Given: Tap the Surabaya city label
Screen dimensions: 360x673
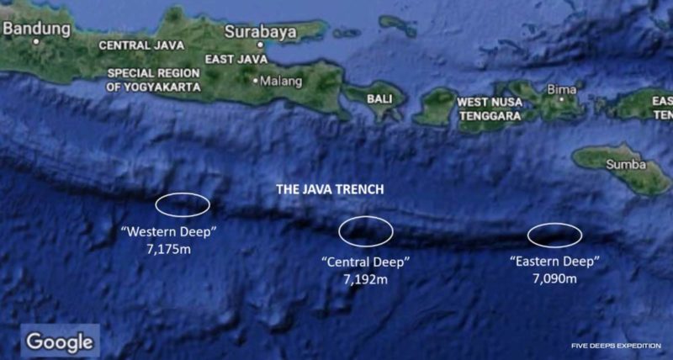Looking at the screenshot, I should pos(260,33).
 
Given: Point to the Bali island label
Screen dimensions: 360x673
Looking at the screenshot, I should pos(379,98).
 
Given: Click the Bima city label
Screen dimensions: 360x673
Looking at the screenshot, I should pos(561,88).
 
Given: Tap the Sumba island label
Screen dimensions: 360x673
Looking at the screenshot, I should pos(625,165).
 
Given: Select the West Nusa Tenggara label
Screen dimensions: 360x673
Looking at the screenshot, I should pos(490,108).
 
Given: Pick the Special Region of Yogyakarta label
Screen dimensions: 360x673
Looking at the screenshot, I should pos(154,80).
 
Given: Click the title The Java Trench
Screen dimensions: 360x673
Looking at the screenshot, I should pos(330,190).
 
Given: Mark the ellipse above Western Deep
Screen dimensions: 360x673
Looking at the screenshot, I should pos(183,204).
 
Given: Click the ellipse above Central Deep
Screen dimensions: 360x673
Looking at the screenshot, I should pos(366,231).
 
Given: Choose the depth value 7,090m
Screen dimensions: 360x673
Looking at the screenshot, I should pos(554,278).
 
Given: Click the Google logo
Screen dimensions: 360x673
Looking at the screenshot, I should pos(59,341).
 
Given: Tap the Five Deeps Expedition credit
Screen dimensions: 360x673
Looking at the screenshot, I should pos(616,346).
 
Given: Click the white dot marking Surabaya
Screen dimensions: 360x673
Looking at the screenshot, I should pos(261,45).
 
